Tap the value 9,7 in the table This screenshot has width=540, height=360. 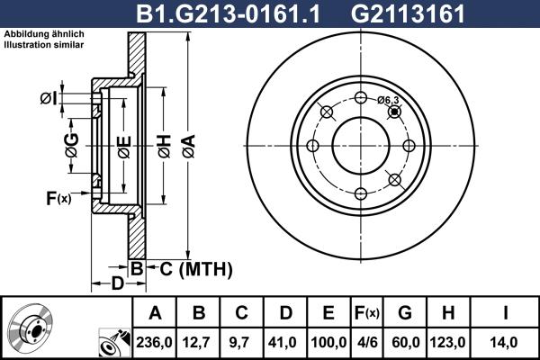pyautogui.click(x=242, y=342)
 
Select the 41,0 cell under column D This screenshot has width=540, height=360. pyautogui.click(x=285, y=342)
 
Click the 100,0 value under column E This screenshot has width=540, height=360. pyautogui.click(x=328, y=342)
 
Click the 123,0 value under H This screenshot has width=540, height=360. pyautogui.click(x=451, y=342)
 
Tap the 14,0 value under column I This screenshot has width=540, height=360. pyautogui.click(x=507, y=342)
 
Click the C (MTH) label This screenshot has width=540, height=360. pyautogui.click(x=190, y=268)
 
